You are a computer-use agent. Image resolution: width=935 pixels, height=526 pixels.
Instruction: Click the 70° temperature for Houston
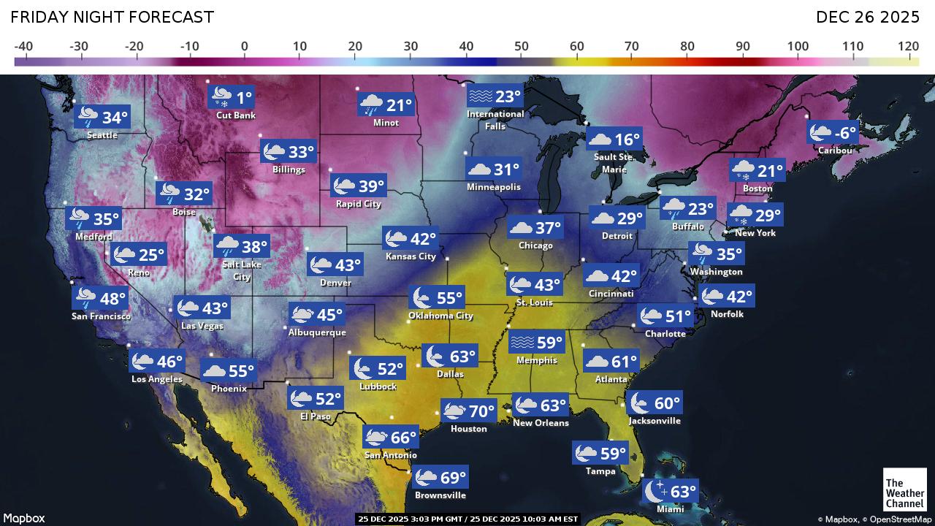482,411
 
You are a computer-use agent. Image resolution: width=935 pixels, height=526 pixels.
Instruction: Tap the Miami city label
670,508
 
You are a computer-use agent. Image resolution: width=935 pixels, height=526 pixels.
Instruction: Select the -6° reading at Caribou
846,133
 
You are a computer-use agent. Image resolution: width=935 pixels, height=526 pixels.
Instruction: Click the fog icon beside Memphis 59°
522,342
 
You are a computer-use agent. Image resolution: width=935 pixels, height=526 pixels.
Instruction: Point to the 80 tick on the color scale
687,47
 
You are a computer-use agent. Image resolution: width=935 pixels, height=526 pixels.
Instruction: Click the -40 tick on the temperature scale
23,47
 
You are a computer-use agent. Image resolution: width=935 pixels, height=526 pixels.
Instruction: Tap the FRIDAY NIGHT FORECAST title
112,17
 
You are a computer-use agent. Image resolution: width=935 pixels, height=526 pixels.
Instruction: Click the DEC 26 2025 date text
866,17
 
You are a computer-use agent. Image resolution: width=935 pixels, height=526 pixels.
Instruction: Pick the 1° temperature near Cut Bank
243,96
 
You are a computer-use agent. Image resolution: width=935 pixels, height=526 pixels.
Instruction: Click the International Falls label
495,120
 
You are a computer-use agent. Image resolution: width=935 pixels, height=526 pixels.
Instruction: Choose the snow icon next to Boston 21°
744,172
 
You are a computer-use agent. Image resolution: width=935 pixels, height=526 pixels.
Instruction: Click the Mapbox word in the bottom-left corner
26,518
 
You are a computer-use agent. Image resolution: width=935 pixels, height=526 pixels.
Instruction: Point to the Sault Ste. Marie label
614,164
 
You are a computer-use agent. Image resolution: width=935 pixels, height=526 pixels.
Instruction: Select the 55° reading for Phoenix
241,371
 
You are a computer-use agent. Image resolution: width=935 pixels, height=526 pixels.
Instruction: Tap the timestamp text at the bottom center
467,519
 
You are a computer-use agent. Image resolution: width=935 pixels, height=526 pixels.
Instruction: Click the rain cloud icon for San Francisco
85,298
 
